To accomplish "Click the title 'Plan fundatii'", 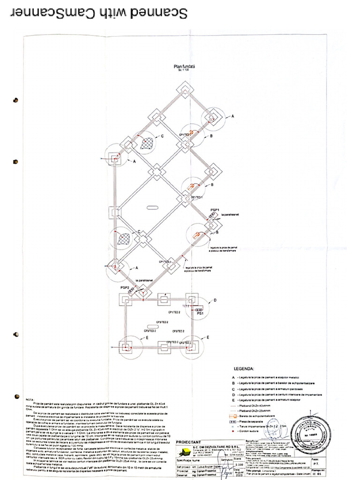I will pyautogui.click(x=184, y=67).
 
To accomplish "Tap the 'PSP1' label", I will pyautogui.click(x=215, y=210).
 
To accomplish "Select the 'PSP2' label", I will pyautogui.click(x=125, y=287).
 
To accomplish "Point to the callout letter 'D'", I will pyautogui.click(x=215, y=300).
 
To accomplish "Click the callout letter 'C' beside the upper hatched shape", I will pyautogui.click(x=162, y=136).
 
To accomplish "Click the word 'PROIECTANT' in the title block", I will pyautogui.click(x=189, y=442).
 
